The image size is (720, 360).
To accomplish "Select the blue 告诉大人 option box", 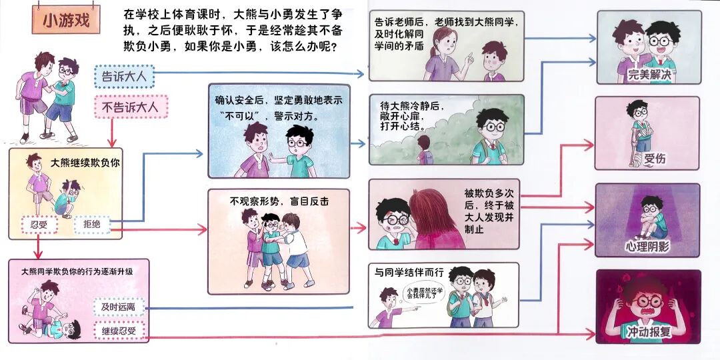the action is pos(125,76).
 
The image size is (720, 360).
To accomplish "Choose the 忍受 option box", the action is pos(39,225).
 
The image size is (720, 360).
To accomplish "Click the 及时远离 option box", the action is pos(119,307).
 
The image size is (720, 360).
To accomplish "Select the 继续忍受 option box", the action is pos(119,330).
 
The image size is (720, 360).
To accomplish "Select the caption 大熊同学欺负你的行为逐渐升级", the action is pos(77,272).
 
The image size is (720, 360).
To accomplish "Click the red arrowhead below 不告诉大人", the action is pos(113,142).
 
